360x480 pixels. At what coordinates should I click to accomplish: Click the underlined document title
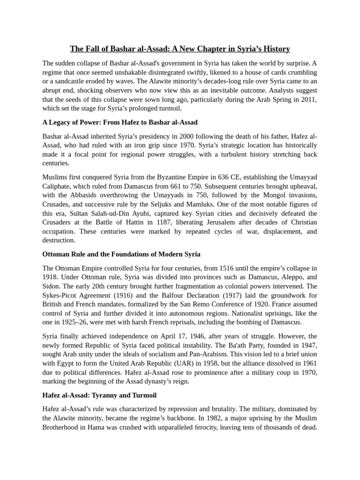click(x=180, y=49)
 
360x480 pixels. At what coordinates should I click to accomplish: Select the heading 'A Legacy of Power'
click(x=120, y=122)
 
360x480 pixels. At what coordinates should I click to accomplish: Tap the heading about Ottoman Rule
click(x=121, y=254)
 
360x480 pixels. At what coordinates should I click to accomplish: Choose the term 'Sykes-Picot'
click(x=60, y=295)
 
